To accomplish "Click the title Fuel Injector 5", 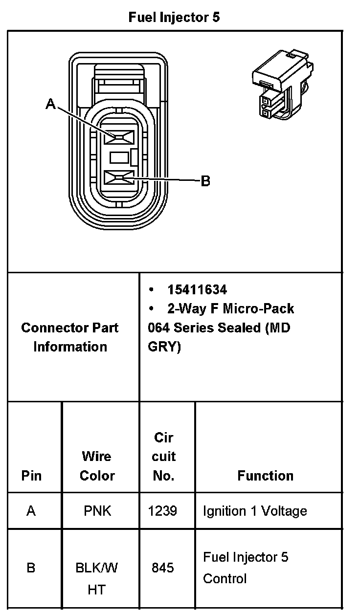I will [x=174, y=18].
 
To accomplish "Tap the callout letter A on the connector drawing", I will [x=50, y=104].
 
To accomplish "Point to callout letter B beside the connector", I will [x=206, y=181].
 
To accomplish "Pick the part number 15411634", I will [x=197, y=290].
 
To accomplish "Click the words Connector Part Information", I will [x=70, y=337].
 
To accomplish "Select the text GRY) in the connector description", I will [x=164, y=347].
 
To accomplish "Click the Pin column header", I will [x=31, y=476].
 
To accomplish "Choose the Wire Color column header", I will [x=97, y=466].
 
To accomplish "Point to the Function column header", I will [x=266, y=476].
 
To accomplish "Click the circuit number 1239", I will [x=162, y=511].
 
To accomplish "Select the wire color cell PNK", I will [x=97, y=511].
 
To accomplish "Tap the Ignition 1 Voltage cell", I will [x=255, y=511].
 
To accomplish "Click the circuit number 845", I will [x=162, y=568].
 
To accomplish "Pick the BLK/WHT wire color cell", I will [x=97, y=579].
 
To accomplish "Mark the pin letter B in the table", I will [x=31, y=568].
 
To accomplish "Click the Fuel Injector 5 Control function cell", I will [x=246, y=568].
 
